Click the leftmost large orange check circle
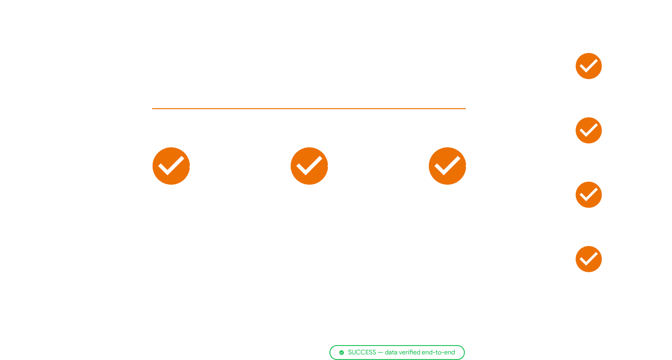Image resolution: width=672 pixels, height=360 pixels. (x=171, y=166)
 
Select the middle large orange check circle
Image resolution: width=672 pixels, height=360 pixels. (x=309, y=166)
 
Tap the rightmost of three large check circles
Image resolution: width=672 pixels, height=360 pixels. (x=447, y=166)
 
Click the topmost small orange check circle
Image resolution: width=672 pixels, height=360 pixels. (x=588, y=66)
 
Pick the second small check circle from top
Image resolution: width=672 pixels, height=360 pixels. (x=588, y=131)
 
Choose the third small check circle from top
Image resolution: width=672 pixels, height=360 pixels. (x=588, y=194)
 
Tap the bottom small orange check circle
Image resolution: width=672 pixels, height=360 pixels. (x=588, y=259)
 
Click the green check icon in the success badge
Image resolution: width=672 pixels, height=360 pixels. (x=342, y=353)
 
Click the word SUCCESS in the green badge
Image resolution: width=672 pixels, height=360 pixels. (x=362, y=352)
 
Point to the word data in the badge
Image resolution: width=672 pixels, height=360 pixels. (x=391, y=352)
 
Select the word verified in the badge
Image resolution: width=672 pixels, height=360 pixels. (x=410, y=352)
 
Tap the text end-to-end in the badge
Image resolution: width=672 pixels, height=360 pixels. (x=439, y=352)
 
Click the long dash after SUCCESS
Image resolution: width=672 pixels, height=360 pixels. (x=380, y=353)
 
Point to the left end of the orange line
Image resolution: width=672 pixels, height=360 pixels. (x=153, y=109)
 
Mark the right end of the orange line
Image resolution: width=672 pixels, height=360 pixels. (x=466, y=109)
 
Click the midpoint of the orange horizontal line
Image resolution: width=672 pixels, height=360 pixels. (x=309, y=109)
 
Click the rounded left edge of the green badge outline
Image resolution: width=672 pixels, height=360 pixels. (x=330, y=353)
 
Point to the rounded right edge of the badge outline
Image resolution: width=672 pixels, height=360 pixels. (x=464, y=353)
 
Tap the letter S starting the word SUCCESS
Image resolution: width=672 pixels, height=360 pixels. (x=350, y=352)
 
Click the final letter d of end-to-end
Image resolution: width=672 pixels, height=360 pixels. (x=453, y=352)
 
